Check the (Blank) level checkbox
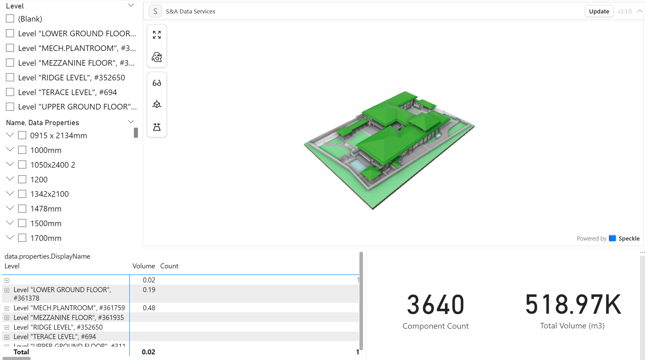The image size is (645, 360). (10, 19)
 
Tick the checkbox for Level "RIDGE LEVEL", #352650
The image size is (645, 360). (10, 77)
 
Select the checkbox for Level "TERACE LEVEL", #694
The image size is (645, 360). (10, 92)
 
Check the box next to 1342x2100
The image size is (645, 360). (22, 194)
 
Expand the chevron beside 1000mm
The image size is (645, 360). (10, 150)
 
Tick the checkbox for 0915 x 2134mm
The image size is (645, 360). (22, 135)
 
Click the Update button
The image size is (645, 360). (599, 11)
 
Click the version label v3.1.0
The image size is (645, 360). (624, 12)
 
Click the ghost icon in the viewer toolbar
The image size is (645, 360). (157, 57)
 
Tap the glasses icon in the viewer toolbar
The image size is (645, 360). (157, 83)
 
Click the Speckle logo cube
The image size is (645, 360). (612, 238)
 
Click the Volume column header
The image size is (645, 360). (144, 266)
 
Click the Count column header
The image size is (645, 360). (169, 266)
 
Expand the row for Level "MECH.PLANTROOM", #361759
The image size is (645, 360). (7, 308)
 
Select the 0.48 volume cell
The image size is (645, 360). (149, 308)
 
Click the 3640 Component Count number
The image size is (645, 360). (435, 305)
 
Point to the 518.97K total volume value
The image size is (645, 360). (572, 304)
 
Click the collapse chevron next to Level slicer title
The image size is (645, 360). (131, 5)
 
